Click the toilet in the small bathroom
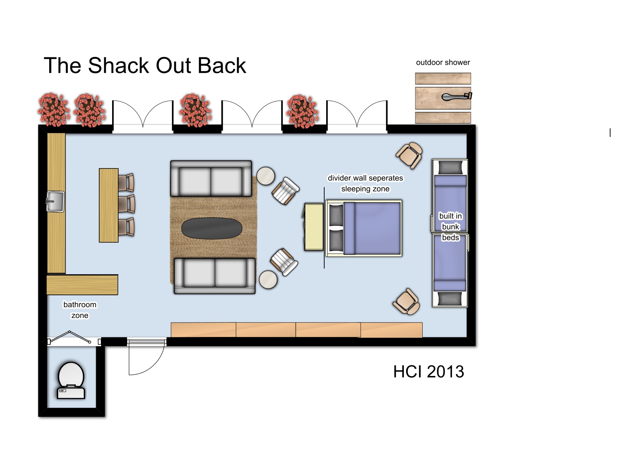(x=71, y=380)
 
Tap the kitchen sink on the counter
(x=55, y=202)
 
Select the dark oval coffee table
(x=212, y=228)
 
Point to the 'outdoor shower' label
(x=443, y=62)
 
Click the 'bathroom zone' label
(x=80, y=310)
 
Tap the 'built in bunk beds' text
(x=450, y=227)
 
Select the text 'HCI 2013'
(x=429, y=372)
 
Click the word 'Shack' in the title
(x=118, y=66)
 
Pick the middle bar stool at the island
(x=127, y=204)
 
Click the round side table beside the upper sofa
(x=266, y=176)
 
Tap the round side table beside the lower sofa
(x=268, y=280)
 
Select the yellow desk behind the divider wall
(x=314, y=227)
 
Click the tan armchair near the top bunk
(x=409, y=156)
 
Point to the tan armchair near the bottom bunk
(x=406, y=301)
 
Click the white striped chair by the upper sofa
(x=286, y=191)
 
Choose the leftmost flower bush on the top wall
(x=54, y=110)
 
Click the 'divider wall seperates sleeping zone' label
(x=365, y=183)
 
